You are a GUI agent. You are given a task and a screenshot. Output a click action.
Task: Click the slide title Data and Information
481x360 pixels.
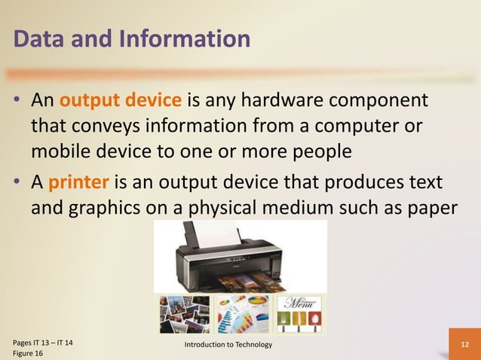(131, 39)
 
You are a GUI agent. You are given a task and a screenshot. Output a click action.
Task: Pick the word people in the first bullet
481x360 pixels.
(315, 150)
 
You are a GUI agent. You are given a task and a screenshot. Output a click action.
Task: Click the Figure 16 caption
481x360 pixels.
(29, 354)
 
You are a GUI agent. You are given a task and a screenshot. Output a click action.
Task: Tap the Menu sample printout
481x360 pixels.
(299, 313)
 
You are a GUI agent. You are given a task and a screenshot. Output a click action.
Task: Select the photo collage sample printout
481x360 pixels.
(184, 313)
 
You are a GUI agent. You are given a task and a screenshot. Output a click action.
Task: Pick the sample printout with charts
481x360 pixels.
(241, 313)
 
